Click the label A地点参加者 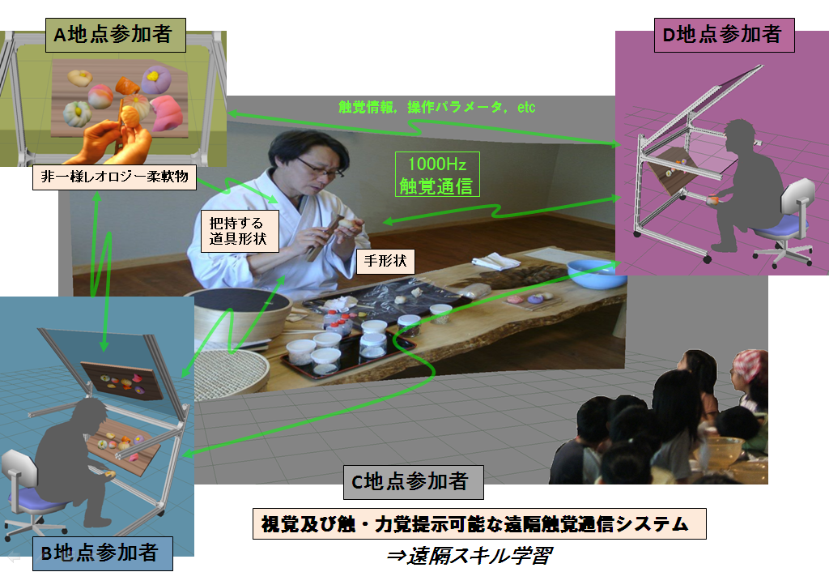(x=115, y=35)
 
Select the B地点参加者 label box (x=103, y=553)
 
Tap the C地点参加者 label (x=414, y=482)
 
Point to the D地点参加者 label (x=725, y=35)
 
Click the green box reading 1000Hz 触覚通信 (x=437, y=175)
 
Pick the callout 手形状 (x=385, y=261)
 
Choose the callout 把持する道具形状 (x=240, y=231)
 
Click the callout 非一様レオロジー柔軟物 (x=114, y=177)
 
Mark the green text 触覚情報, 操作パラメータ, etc (x=436, y=108)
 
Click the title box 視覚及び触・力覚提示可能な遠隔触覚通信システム (x=479, y=524)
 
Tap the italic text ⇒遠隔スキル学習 (x=469, y=556)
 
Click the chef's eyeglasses (x=321, y=169)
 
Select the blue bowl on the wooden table (x=595, y=273)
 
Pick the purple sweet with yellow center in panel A (x=155, y=80)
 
